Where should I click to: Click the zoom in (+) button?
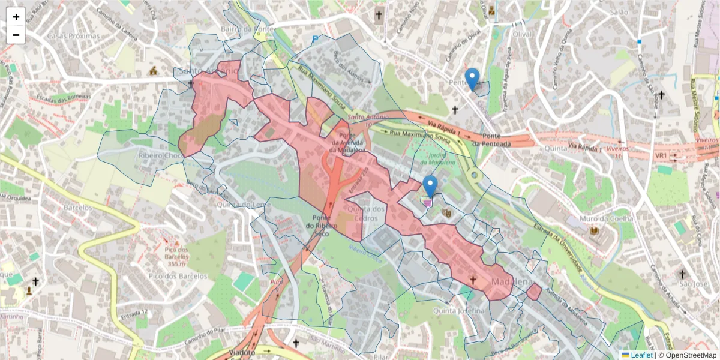[x=16, y=17]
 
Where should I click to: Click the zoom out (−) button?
[x=16, y=35]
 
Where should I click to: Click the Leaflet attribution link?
[x=641, y=355]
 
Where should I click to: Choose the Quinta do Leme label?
[x=242, y=204]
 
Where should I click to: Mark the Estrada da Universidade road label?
[x=555, y=248]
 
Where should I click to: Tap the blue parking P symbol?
[x=315, y=39]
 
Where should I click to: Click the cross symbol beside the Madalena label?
[x=473, y=280]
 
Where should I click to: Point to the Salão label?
[x=617, y=12]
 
